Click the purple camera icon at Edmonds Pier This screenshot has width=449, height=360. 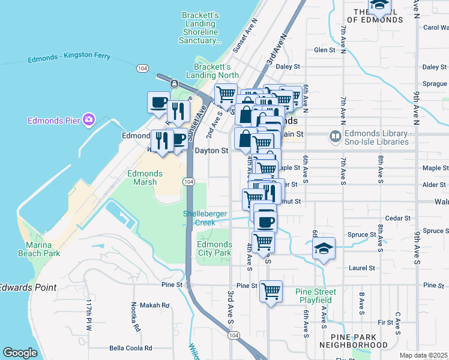coord(89,120)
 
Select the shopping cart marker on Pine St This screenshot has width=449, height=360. coord(271,291)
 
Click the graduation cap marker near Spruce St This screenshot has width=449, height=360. coord(324,249)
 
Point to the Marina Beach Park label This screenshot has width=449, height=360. coord(43,249)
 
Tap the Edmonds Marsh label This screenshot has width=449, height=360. coord(145,178)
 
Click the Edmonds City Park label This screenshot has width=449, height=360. coord(214,248)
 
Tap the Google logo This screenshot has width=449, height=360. coord(20,353)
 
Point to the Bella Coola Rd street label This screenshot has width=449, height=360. coord(130,348)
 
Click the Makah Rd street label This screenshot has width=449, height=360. coord(154,305)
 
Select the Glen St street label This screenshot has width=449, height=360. coord(324,50)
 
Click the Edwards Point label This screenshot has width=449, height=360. coord(28,287)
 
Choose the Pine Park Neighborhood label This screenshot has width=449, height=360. coord(354,341)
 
